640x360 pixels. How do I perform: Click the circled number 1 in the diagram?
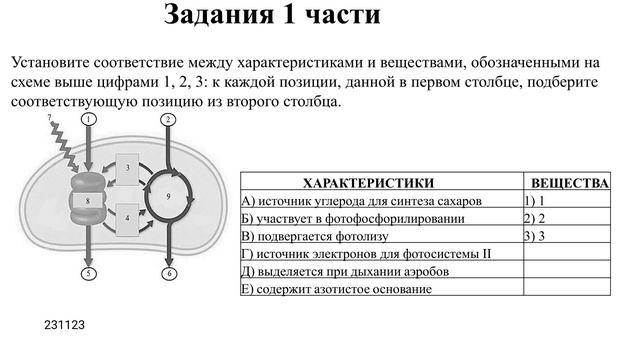click(x=89, y=119)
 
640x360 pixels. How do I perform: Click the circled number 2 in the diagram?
click(x=168, y=119)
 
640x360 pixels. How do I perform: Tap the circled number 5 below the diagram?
click(x=89, y=273)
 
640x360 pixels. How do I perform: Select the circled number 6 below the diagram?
click(x=168, y=273)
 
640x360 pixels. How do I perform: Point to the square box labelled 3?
click(x=129, y=169)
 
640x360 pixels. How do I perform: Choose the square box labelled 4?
click(x=129, y=216)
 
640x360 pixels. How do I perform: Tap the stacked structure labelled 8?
click(x=89, y=201)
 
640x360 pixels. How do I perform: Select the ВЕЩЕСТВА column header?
click(x=569, y=184)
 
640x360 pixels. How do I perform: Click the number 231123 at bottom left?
click(x=64, y=325)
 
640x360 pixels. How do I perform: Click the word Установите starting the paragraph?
click(x=58, y=62)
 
